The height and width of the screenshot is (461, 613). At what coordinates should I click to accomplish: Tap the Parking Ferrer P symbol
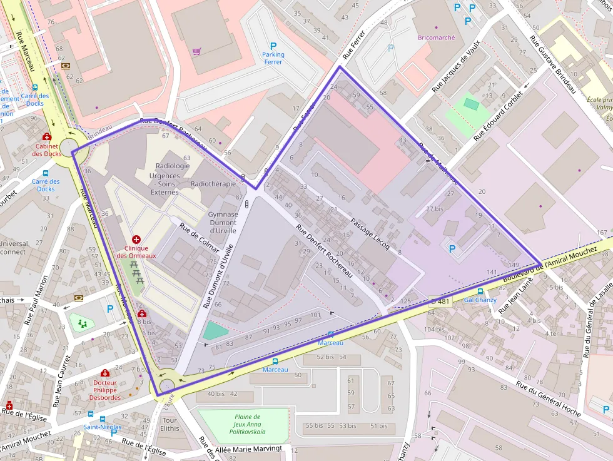pos(273,46)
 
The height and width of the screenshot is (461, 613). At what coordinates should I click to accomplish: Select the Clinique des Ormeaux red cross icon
pos(136,240)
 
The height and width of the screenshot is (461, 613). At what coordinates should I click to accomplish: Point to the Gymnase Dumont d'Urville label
pos(223,222)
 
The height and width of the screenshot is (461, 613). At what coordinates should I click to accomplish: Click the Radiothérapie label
pos(213,184)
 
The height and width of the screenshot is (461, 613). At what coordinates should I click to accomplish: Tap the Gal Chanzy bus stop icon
pos(480,291)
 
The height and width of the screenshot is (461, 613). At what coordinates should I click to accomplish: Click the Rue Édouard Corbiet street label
pos(498,116)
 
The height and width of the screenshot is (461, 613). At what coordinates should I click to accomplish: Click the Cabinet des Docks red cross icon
pos(46,137)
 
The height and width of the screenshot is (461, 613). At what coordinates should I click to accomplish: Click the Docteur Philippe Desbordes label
pos(104,390)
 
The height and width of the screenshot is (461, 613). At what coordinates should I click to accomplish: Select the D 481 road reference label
pos(440,301)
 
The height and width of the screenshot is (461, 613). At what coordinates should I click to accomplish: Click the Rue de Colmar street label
pos(199,238)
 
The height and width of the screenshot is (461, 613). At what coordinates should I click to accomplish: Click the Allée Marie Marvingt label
pos(249,448)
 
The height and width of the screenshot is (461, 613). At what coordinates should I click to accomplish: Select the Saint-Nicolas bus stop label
pos(103,427)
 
